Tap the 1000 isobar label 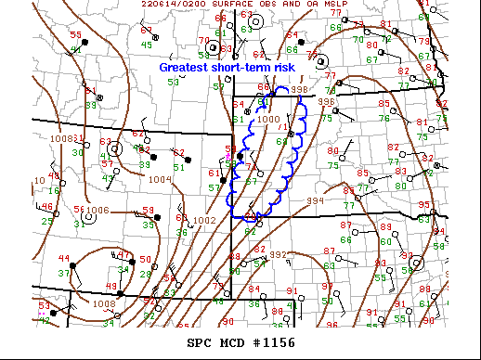(267, 119)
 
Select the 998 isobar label (299, 89)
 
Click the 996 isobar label (326, 101)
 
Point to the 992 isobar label (279, 254)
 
